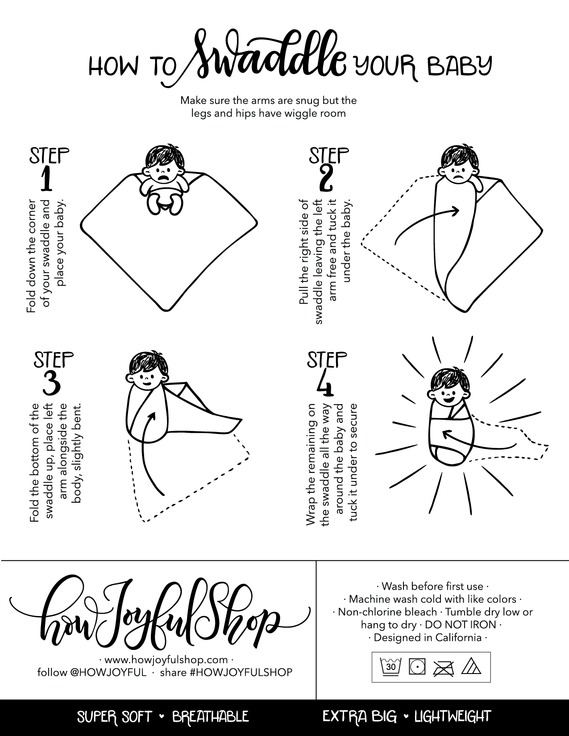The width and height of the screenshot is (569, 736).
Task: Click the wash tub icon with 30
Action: point(390,666)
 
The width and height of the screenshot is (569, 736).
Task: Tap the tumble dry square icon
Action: point(417,666)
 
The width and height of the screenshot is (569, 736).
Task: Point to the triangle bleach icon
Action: point(471,666)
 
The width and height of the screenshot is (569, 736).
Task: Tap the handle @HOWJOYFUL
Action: point(108,672)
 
